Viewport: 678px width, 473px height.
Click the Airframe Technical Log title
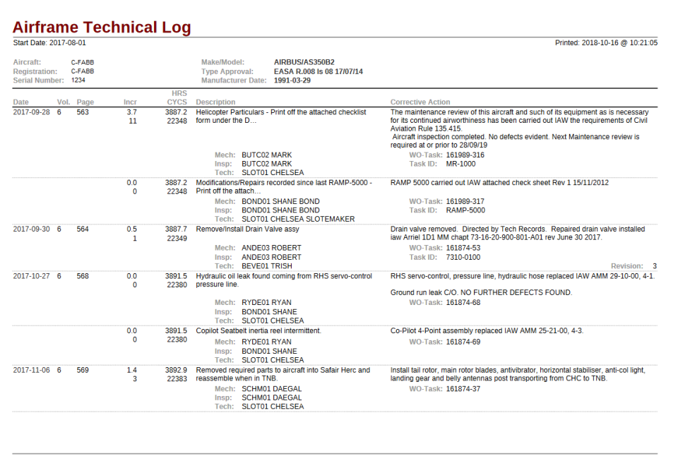click(102, 28)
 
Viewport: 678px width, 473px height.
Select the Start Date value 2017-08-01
click(68, 43)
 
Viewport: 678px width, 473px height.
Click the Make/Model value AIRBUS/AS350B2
click(304, 62)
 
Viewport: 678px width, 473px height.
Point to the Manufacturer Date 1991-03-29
click(292, 80)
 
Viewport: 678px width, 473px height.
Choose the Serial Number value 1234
click(78, 80)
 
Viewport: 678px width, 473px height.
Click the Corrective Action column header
click(420, 102)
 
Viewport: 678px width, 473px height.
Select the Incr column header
click(130, 102)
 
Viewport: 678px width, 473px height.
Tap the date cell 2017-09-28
click(32, 112)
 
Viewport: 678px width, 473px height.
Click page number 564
click(83, 229)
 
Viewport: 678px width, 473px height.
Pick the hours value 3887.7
click(176, 229)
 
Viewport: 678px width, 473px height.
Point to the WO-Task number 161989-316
click(465, 155)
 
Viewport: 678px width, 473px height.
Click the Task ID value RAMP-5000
click(465, 210)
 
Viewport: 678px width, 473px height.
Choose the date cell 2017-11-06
click(32, 370)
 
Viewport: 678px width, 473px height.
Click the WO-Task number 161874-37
click(463, 389)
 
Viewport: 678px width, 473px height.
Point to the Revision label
click(626, 266)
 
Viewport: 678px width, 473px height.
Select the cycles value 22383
click(177, 379)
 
